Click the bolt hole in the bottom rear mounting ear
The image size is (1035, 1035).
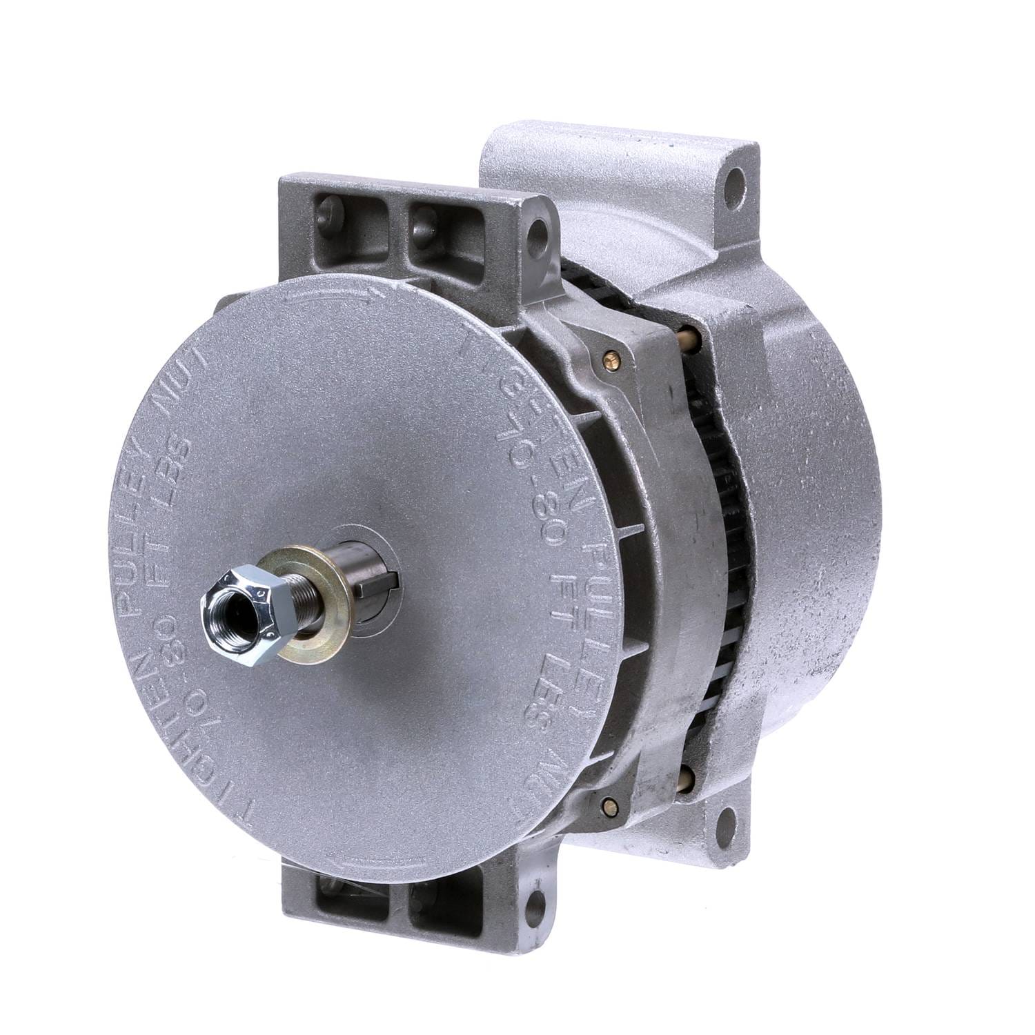click(725, 822)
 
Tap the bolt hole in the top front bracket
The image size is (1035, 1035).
click(533, 227)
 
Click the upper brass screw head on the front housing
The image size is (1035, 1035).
click(609, 357)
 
